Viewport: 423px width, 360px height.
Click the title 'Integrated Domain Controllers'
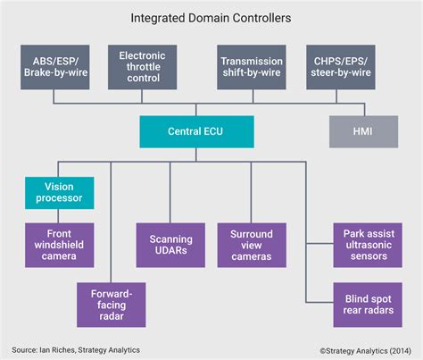pos(211,16)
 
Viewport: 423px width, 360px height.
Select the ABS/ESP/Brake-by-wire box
pos(56,67)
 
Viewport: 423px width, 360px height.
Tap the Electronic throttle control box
pos(142,67)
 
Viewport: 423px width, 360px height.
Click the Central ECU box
pos(196,132)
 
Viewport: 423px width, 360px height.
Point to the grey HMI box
pos(365,132)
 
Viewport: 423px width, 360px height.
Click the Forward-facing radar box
pos(111,305)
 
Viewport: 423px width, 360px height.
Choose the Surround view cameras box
pos(251,245)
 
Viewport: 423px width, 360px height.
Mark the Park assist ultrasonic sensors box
pos(365,245)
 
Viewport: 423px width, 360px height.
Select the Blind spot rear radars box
pos(365,305)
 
